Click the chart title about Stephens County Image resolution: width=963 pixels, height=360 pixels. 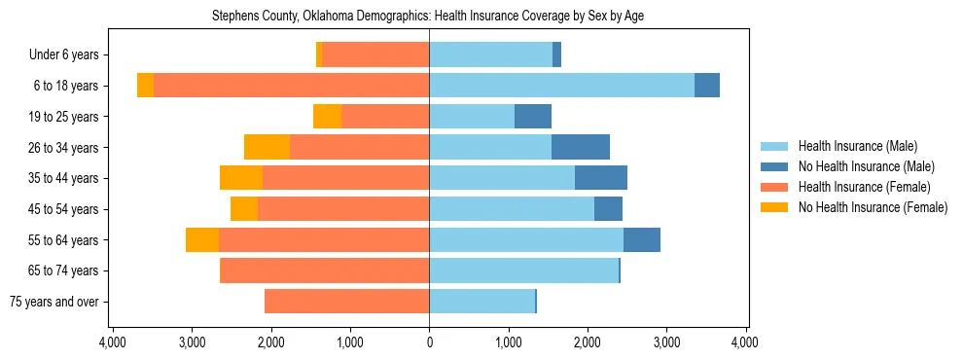[428, 16]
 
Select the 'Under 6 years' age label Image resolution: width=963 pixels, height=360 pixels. [70, 55]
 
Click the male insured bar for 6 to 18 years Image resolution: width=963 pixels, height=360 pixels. [561, 86]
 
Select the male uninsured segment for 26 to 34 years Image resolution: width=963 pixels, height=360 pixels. [581, 147]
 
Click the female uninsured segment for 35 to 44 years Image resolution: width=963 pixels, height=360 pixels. [241, 178]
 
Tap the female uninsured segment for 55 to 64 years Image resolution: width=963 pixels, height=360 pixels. [202, 239]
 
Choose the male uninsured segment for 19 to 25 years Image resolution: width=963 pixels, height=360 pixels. [533, 117]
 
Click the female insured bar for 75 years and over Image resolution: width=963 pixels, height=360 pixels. [346, 302]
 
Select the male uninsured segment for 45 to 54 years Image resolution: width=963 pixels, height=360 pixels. [608, 208]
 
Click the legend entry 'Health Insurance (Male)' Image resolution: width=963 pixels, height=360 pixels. [857, 146]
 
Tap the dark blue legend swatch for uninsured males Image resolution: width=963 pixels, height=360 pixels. [775, 166]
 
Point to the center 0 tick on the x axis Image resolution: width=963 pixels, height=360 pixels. [429, 342]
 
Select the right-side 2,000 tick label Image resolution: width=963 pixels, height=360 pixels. [587, 342]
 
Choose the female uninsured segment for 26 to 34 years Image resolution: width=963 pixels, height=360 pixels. [267, 147]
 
